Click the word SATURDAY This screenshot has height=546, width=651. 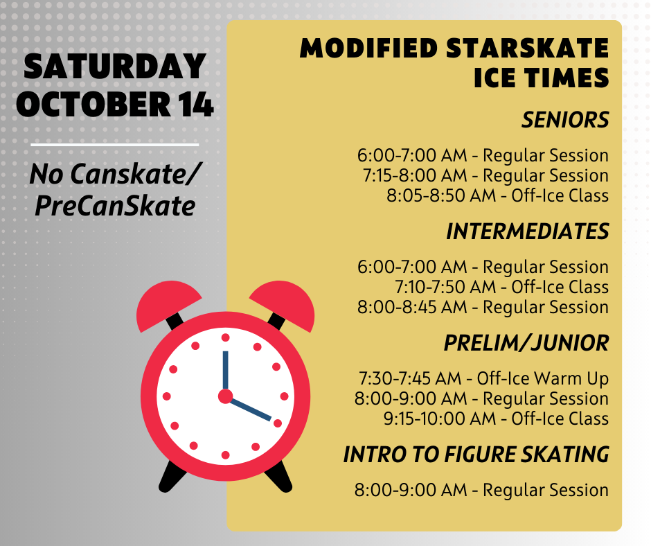click(114, 66)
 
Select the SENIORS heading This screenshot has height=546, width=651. click(565, 120)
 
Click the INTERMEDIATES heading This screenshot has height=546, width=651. click(527, 231)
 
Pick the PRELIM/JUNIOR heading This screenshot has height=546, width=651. click(526, 343)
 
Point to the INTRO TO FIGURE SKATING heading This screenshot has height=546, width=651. click(476, 455)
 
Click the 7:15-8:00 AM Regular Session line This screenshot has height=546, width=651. click(485, 176)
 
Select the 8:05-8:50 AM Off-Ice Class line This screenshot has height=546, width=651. click(497, 195)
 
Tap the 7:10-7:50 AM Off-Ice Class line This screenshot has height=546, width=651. click(501, 287)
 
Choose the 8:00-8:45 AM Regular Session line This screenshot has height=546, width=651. click(483, 308)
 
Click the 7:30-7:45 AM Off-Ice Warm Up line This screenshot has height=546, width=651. click(483, 378)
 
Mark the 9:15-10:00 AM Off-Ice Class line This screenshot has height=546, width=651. click(496, 419)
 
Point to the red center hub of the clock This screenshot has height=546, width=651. click(226, 396)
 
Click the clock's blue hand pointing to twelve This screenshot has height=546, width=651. click(226, 371)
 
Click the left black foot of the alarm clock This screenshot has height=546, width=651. click(172, 477)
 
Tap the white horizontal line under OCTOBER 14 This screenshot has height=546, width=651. click(114, 145)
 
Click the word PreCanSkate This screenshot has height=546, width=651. click(115, 206)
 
